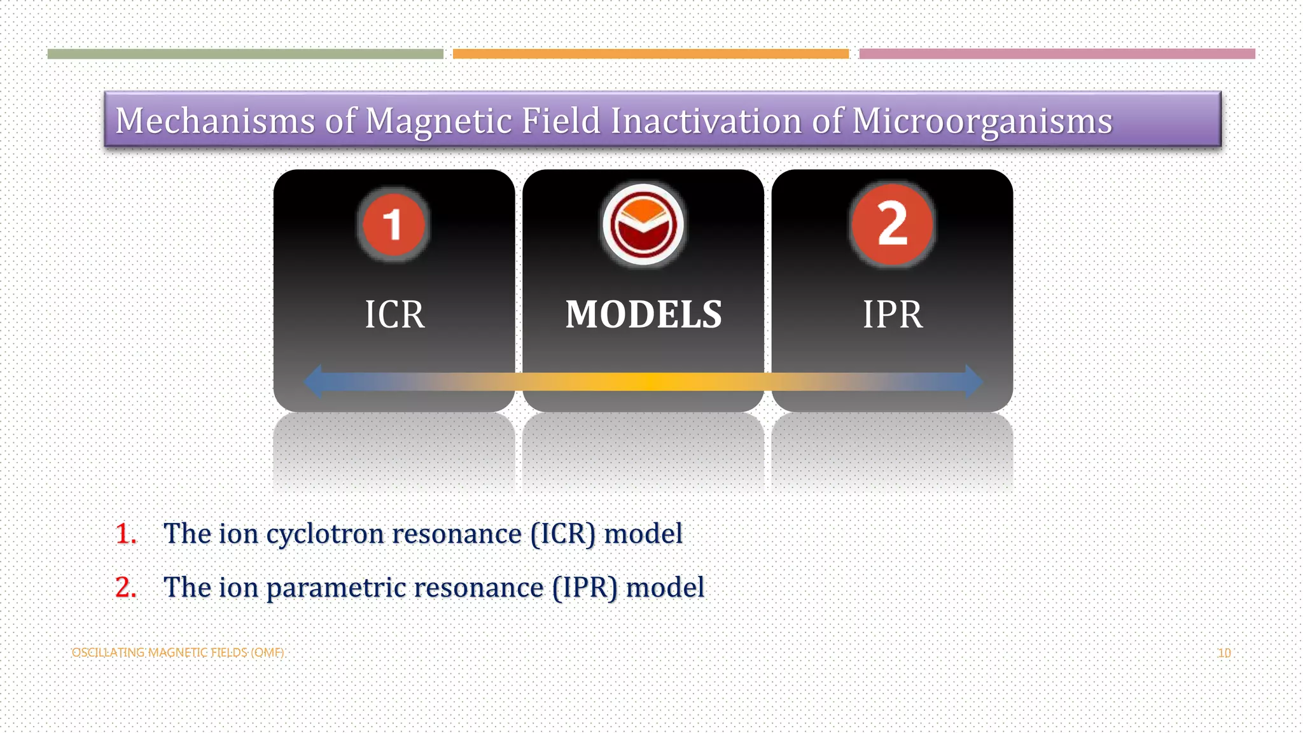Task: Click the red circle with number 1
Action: (x=393, y=225)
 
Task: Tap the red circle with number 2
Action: (x=892, y=225)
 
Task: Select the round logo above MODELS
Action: (x=643, y=225)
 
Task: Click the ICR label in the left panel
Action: (x=394, y=314)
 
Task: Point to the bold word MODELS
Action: (x=643, y=314)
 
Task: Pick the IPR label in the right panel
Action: (x=892, y=314)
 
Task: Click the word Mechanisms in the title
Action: (x=215, y=121)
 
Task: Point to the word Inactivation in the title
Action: (x=706, y=121)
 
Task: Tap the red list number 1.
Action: (x=126, y=534)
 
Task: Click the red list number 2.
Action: (x=126, y=587)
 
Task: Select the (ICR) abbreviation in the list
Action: (x=562, y=534)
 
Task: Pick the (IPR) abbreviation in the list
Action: (x=585, y=587)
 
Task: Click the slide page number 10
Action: (x=1224, y=653)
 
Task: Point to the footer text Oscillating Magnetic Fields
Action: (x=178, y=653)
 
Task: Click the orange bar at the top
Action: (x=650, y=54)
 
